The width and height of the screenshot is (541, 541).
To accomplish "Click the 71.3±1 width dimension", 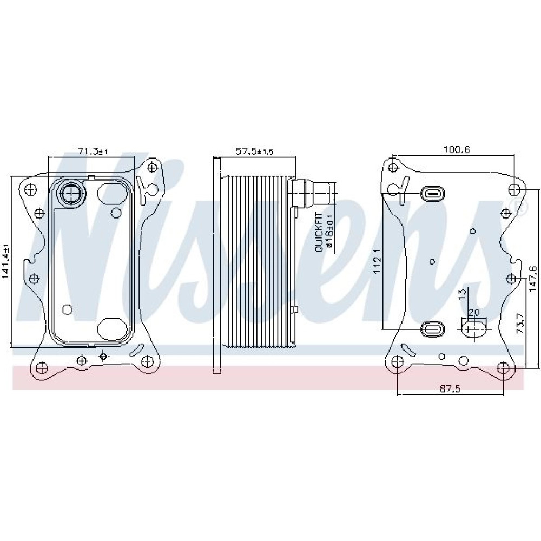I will [93, 152].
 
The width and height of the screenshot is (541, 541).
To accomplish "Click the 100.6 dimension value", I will [456, 149].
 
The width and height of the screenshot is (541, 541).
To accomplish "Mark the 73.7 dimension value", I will [520, 324].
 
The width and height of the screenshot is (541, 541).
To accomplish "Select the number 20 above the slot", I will [474, 313].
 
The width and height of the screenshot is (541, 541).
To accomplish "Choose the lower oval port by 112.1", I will [433, 328].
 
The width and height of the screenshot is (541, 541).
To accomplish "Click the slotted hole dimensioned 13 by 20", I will [474, 328].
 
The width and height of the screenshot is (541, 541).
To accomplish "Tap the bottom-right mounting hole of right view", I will [504, 368].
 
